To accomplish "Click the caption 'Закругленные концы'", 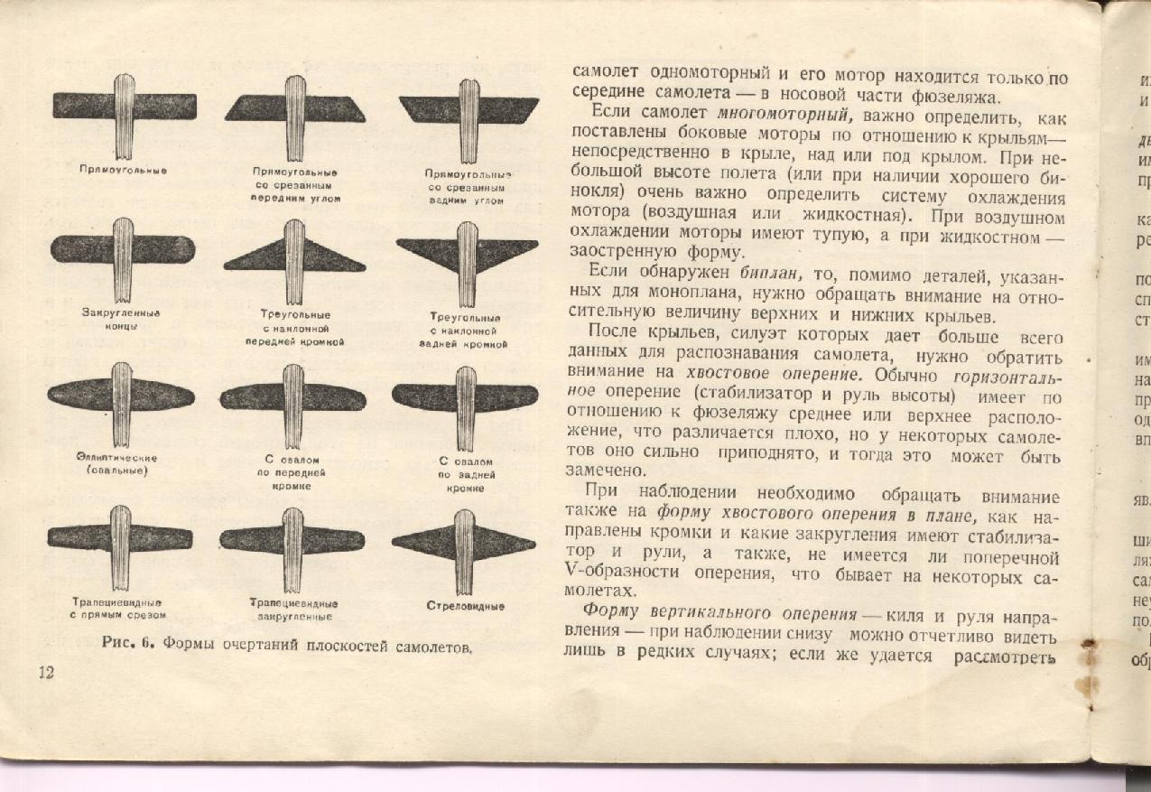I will pos(121,319).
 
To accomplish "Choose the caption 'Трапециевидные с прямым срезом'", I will pos(117,608).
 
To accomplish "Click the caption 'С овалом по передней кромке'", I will pos(292,473).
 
